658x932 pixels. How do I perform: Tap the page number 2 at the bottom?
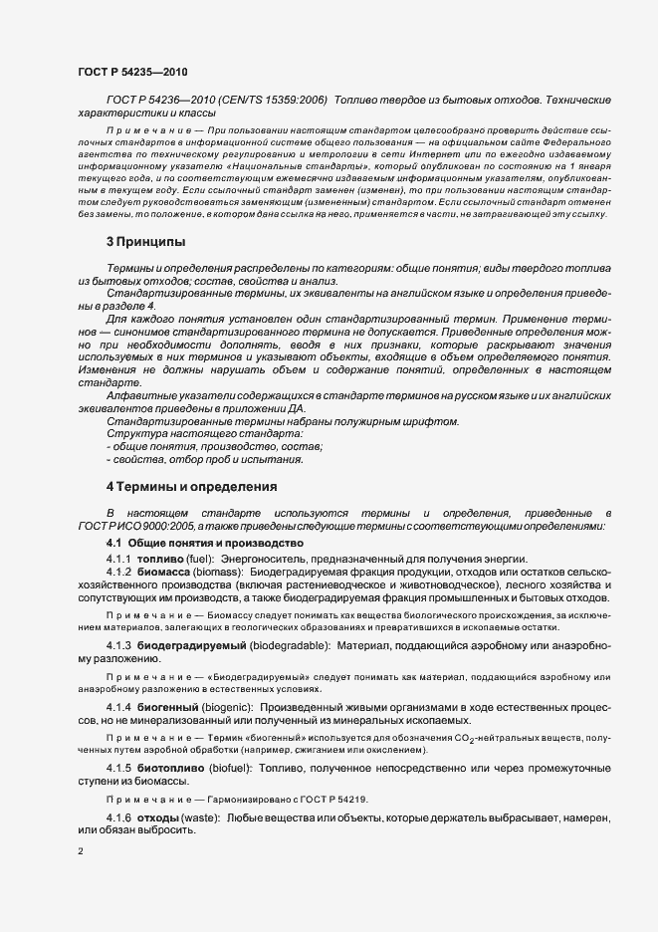click(x=81, y=850)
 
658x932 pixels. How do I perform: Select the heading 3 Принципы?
click(x=143, y=242)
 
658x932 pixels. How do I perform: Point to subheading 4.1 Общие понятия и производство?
click(x=204, y=544)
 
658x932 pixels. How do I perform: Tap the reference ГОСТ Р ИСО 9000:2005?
click(x=134, y=526)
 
